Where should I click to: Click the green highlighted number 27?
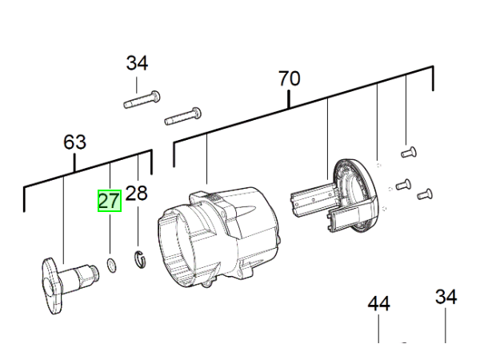tap(110, 201)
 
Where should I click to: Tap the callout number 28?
tap(136, 194)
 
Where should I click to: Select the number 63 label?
tap(74, 142)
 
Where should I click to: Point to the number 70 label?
tap(289, 78)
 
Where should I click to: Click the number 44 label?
tap(378, 304)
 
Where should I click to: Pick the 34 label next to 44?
tap(446, 297)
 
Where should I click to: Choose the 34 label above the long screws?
tap(137, 63)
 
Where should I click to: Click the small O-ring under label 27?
tap(112, 266)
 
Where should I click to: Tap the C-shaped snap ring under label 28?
tap(140, 259)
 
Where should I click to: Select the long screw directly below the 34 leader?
tap(142, 99)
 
